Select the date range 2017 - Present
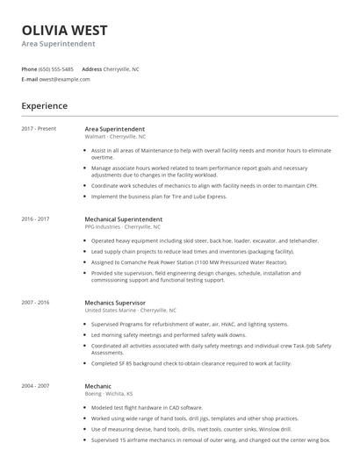39,129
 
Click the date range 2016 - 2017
35,218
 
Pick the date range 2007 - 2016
35,301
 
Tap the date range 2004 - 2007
35,384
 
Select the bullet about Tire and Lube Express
158,197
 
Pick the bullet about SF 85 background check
202,362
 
